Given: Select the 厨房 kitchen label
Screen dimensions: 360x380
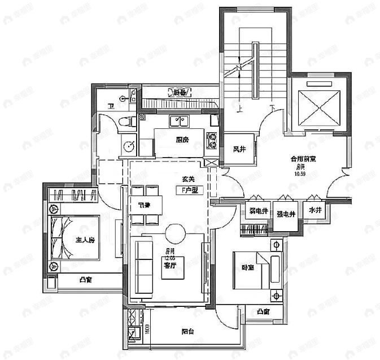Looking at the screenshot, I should [181, 140].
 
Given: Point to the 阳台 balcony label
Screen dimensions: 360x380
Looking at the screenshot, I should [188, 332].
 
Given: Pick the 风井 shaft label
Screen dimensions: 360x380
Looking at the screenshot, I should [239, 149].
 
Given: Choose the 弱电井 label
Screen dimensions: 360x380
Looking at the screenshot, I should [258, 213].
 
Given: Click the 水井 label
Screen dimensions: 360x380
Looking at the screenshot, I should [315, 210].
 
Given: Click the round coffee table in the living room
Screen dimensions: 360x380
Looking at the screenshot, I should [174, 232].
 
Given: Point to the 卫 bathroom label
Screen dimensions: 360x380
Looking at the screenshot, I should [111, 106].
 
